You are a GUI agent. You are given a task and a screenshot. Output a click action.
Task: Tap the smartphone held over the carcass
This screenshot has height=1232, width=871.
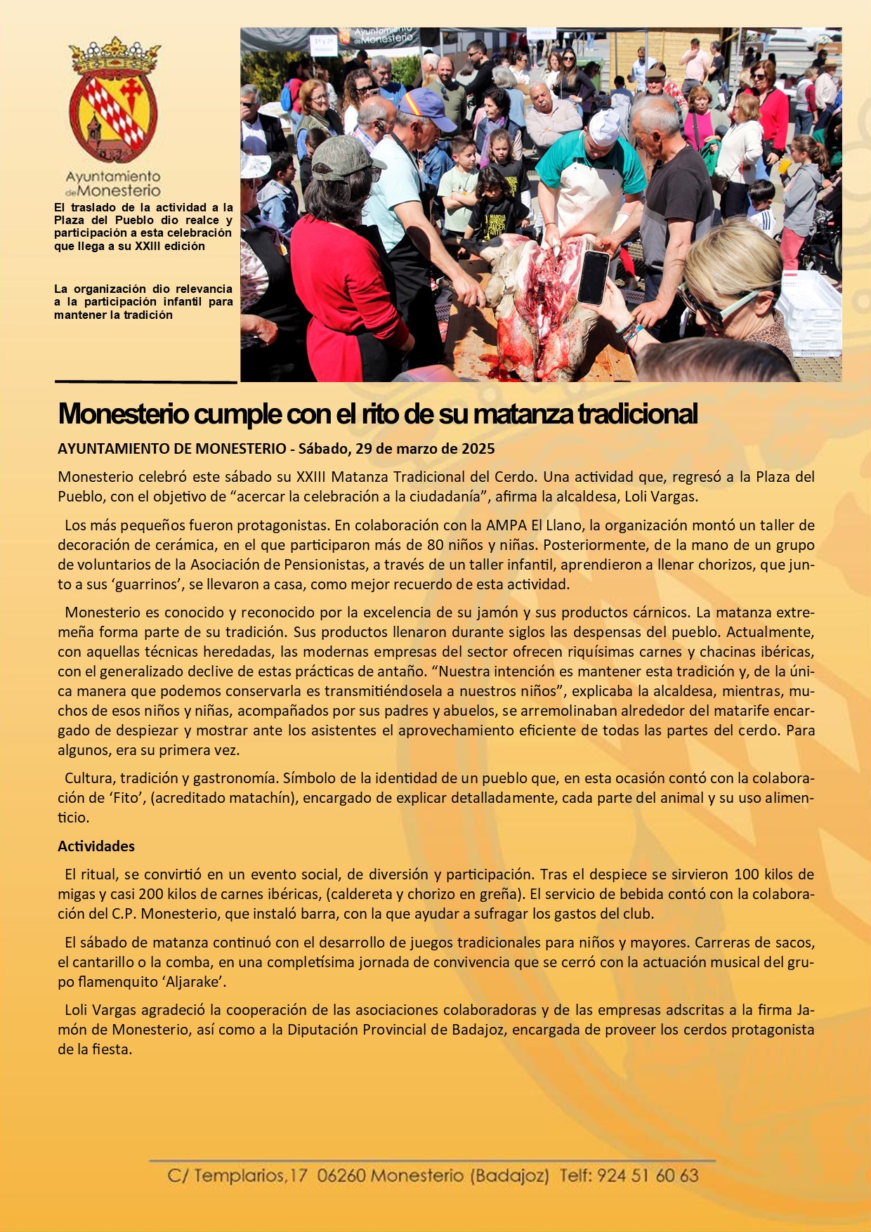click(593, 276)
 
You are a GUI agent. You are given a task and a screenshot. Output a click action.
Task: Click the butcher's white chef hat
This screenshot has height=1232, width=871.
click(603, 127)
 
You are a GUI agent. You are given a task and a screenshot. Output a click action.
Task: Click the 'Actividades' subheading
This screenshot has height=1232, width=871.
click(96, 846)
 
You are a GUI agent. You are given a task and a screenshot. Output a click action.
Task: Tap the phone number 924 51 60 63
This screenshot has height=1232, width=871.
click(648, 1175)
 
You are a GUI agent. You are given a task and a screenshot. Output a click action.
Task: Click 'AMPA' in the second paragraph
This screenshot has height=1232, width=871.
click(506, 525)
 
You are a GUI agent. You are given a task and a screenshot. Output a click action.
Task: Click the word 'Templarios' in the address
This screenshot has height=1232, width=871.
click(240, 1175)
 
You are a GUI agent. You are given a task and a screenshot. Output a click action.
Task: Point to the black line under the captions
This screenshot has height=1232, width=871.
click(145, 382)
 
